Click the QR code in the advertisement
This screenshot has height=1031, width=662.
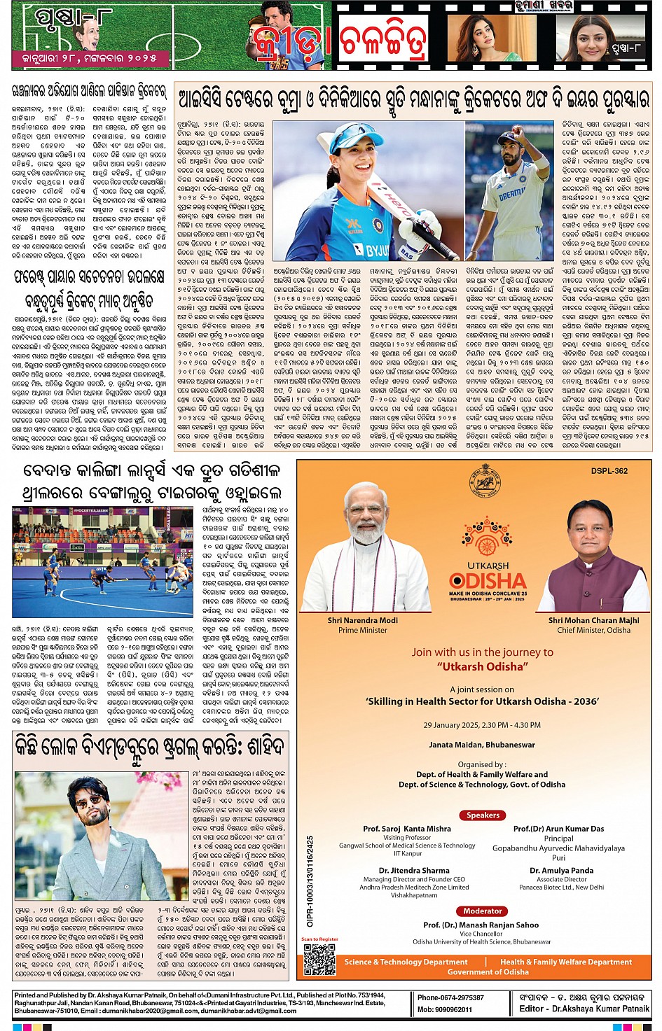pos(319,959)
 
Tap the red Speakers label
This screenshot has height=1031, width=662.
pos(483,815)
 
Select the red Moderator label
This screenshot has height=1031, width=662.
pos(483,911)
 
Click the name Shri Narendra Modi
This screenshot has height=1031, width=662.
pos(362,620)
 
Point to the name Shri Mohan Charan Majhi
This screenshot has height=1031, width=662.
pos(593,620)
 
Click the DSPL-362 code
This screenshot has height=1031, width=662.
pos(609,471)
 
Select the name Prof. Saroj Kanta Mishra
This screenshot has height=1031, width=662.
pos(407,829)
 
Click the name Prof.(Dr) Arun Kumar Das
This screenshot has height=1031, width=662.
pos(558,829)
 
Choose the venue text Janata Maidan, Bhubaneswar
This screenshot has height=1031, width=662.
pos(482,745)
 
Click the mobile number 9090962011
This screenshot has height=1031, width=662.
pos(445,1009)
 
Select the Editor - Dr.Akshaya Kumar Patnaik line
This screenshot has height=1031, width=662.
pos(584,1009)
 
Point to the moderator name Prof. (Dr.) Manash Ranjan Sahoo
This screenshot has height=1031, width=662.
pos(481,925)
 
